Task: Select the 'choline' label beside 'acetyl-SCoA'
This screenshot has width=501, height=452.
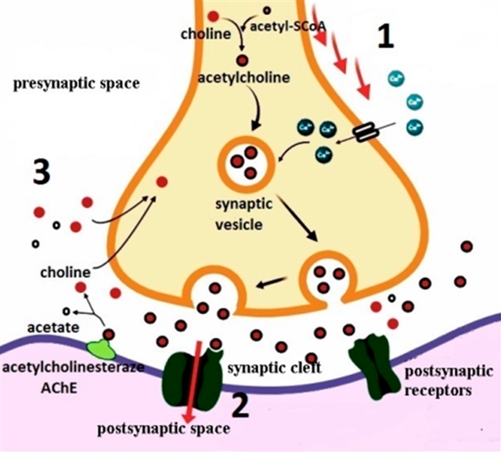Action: (205, 34)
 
